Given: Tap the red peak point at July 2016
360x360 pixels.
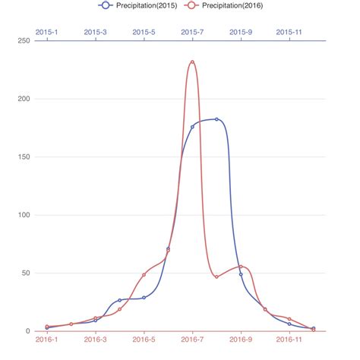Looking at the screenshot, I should (x=192, y=62).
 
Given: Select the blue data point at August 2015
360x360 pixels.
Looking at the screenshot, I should (x=216, y=119).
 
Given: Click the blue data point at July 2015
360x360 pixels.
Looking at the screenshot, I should (x=192, y=127).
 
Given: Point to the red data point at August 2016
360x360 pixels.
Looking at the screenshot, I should (x=216, y=276).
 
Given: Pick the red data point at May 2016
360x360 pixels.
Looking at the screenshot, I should (x=144, y=274).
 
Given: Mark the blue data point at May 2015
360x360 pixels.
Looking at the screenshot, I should (x=144, y=297).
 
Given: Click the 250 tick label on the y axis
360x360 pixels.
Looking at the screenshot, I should (x=22, y=40).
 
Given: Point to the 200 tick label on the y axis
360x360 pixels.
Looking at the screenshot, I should (x=22, y=99).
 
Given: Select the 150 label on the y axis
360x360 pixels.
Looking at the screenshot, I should (x=22, y=156).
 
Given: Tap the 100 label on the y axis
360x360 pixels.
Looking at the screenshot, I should (x=22, y=215).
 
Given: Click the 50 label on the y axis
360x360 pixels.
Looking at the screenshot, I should (x=24, y=273).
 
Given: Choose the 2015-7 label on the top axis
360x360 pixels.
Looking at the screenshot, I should (x=192, y=32).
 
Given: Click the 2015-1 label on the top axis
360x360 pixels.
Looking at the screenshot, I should (x=46, y=32).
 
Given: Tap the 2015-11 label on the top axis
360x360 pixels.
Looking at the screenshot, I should (x=289, y=32).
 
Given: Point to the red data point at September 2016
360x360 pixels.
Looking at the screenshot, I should (x=241, y=267).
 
